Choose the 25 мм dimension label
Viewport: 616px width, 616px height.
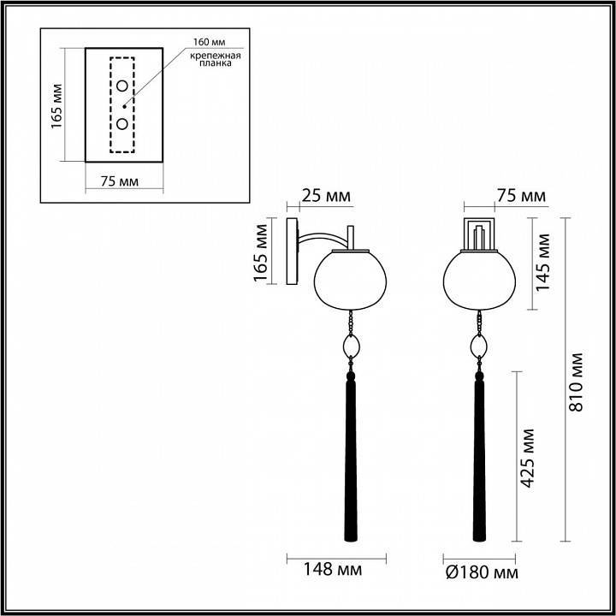(x=327, y=196)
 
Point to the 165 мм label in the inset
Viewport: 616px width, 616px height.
(x=57, y=105)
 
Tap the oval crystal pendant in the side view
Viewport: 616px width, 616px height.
(x=350, y=346)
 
